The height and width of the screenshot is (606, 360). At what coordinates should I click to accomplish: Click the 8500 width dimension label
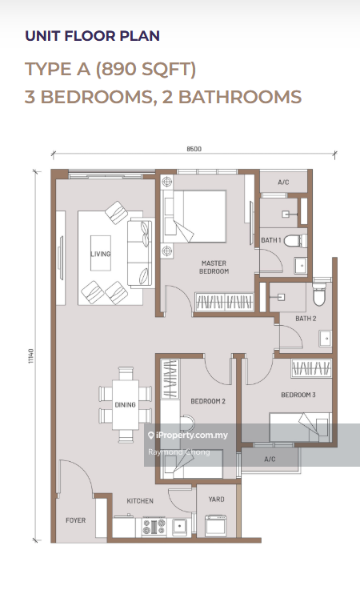click(x=194, y=149)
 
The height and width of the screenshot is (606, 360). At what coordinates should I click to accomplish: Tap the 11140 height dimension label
click(x=31, y=355)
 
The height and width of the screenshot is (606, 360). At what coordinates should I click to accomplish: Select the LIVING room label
click(x=101, y=254)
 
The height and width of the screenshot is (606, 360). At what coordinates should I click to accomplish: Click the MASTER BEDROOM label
click(x=214, y=267)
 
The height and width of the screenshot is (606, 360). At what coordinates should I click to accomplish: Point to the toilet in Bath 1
click(x=295, y=241)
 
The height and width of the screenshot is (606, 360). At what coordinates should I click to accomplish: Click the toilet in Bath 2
click(x=319, y=294)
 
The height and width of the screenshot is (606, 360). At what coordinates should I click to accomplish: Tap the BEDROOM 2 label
click(x=208, y=401)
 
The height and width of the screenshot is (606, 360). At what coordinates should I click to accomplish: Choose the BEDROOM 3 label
click(x=298, y=395)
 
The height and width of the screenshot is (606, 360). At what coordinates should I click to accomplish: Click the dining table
click(x=125, y=404)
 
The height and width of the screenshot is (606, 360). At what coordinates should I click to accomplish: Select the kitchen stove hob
click(x=154, y=527)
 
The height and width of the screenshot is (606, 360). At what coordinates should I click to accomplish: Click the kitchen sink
click(x=180, y=527)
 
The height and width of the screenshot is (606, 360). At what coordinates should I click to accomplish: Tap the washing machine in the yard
click(x=215, y=526)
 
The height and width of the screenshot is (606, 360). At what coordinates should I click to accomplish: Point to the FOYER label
click(x=76, y=520)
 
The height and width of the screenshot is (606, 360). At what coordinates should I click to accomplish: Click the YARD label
click(x=216, y=499)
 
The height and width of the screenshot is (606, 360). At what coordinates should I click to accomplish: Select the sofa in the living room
click(x=141, y=253)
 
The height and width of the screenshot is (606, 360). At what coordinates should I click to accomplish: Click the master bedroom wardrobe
click(x=224, y=302)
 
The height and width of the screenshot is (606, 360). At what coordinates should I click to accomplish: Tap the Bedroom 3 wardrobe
click(x=311, y=368)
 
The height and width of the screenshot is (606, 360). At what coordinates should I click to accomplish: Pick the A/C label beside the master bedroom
click(x=283, y=182)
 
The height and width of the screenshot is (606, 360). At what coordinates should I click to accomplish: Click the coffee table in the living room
click(x=101, y=253)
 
